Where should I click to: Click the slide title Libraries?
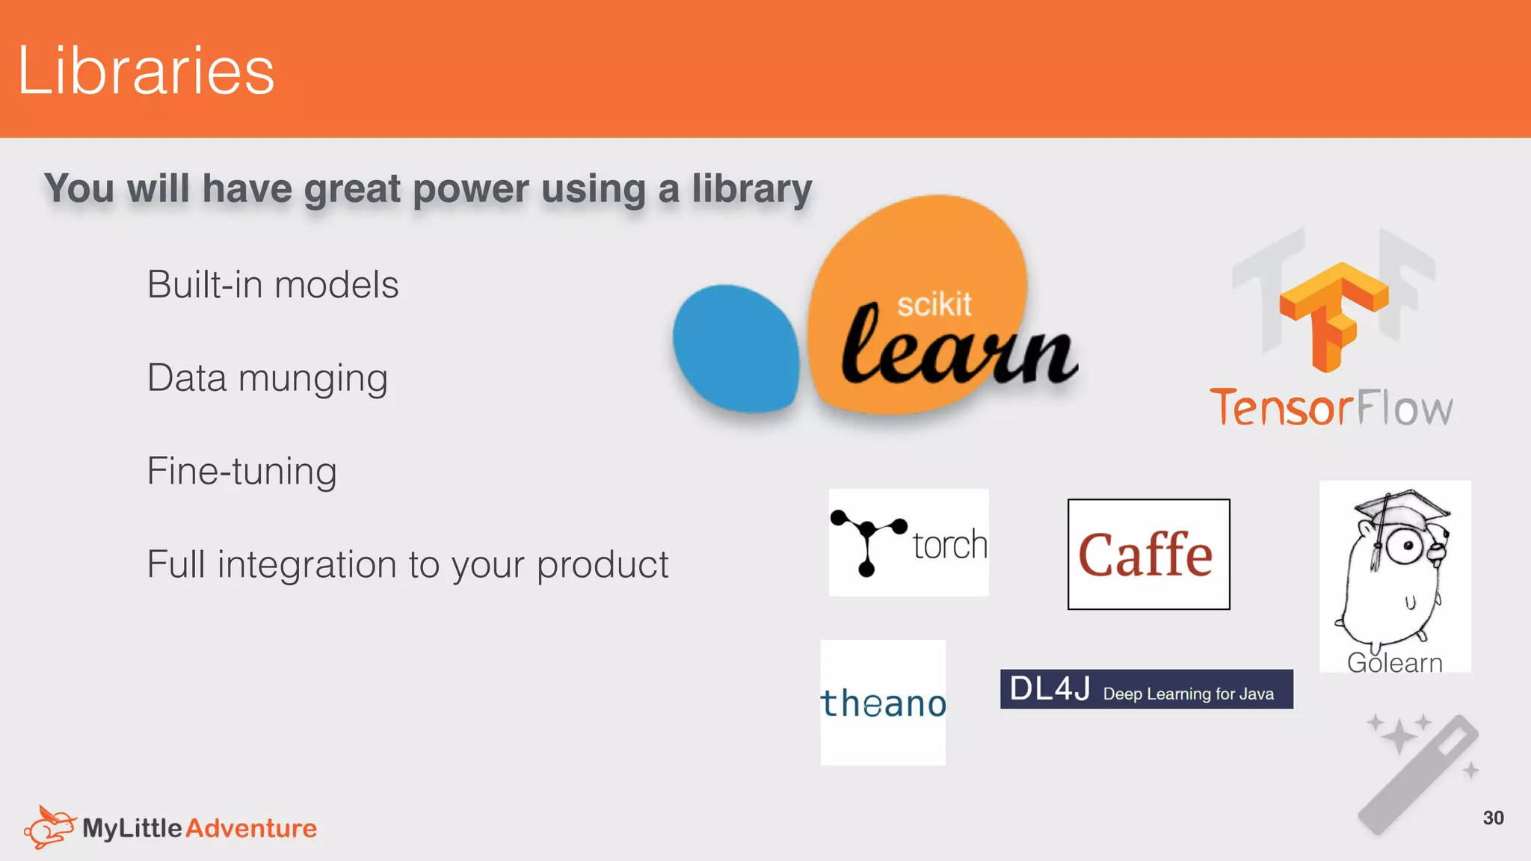coord(147,70)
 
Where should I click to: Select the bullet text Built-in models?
coord(273,285)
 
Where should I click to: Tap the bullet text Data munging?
coord(268,378)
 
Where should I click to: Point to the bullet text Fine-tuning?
coord(241,472)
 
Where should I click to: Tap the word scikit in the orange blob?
coord(934,305)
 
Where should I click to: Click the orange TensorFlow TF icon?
coord(1333,315)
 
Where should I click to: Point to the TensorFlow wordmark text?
coord(1331,408)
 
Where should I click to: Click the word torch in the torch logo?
coord(949,545)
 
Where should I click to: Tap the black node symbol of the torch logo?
coord(868,542)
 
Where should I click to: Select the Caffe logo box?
coord(1148,555)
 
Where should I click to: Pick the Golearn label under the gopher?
coord(1394,663)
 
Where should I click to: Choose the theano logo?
coord(883,703)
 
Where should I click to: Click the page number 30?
coord(1493,818)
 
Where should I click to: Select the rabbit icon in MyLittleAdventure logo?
coord(49,827)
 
